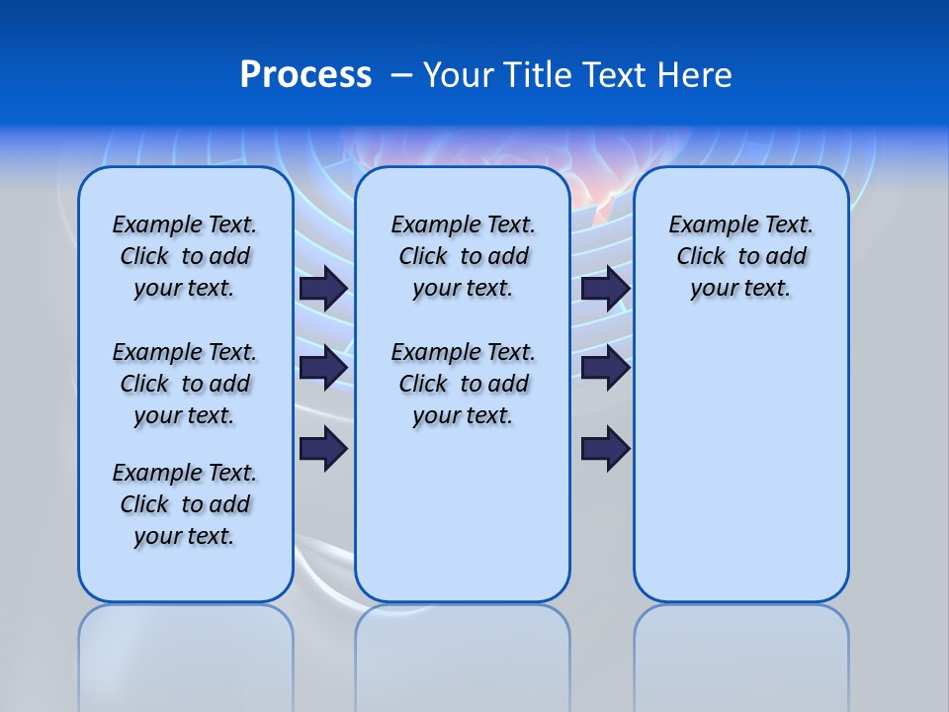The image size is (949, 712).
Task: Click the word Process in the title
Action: [305, 75]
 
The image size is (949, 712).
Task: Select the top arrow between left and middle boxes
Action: [323, 288]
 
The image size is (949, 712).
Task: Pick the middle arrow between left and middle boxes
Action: [323, 368]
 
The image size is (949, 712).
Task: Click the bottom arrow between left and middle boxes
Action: [323, 449]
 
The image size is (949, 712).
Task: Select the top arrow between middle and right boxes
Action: [605, 288]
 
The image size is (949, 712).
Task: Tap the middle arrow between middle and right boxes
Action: [605, 368]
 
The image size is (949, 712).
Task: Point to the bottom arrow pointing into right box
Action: [605, 449]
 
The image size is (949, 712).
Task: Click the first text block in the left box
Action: [185, 256]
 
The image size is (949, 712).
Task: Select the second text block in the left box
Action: [185, 384]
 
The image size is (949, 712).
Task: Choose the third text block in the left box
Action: [185, 504]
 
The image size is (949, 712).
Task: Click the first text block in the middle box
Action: [463, 256]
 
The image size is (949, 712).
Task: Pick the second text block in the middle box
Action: [463, 384]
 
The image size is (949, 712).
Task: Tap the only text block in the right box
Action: [740, 256]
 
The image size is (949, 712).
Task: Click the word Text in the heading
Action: [617, 75]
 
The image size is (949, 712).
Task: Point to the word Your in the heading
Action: [459, 75]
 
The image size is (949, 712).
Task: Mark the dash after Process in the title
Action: [401, 75]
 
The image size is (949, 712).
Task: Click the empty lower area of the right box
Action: [740, 475]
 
